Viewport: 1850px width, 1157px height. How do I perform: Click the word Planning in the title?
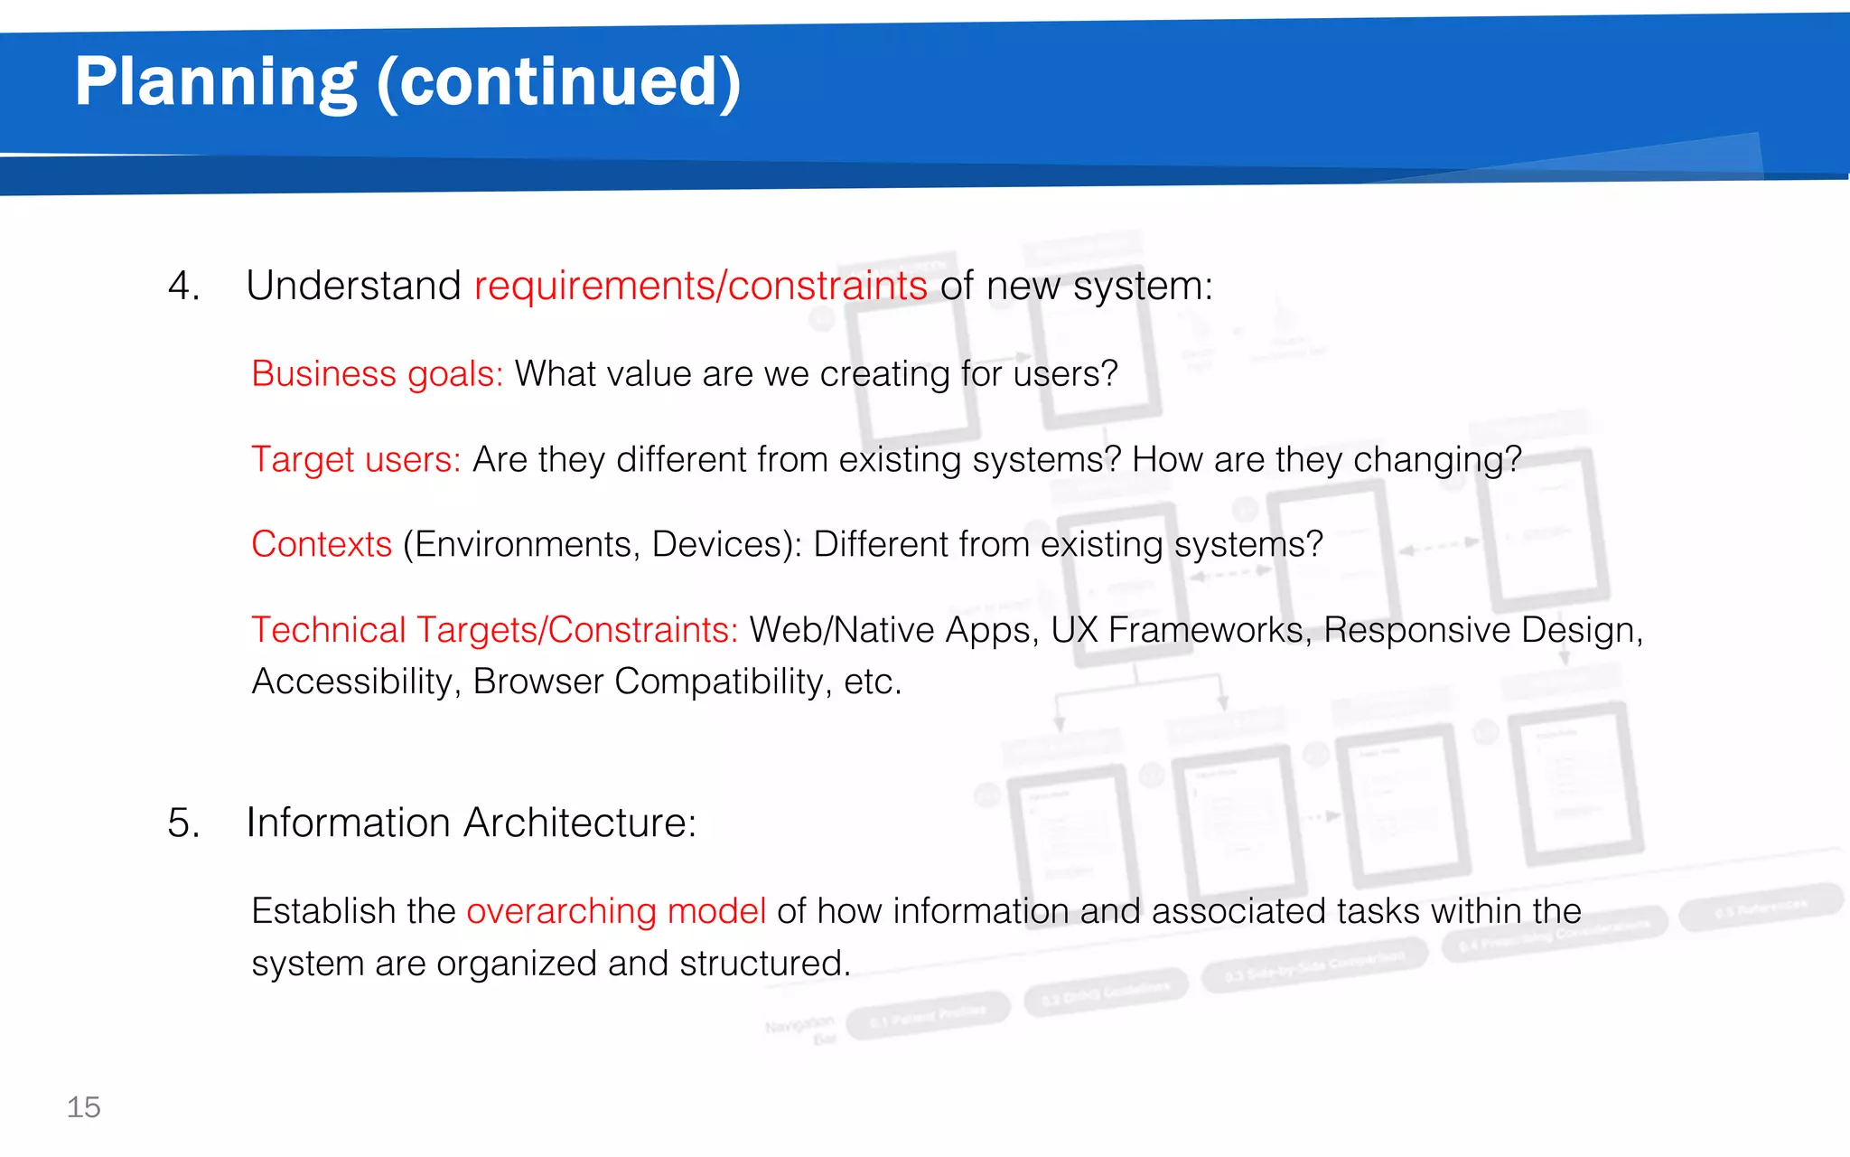tap(215, 83)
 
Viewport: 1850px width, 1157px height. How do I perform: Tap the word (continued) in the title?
tap(558, 83)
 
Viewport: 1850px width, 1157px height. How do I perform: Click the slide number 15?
tap(83, 1107)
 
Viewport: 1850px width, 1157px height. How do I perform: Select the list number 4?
tap(183, 287)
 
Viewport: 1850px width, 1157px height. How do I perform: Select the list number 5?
tap(183, 823)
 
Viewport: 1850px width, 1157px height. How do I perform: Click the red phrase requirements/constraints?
tap(700, 287)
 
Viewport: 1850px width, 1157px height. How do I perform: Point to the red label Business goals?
tap(377, 374)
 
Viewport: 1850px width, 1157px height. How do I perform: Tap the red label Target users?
tap(356, 460)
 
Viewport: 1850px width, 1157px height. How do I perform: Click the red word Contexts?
tap(322, 545)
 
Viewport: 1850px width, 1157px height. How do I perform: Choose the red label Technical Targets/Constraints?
tap(494, 630)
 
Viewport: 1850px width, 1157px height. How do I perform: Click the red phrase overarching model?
tap(616, 911)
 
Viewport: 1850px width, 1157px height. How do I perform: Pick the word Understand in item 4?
tap(353, 287)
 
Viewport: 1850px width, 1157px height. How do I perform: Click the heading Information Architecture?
tap(471, 823)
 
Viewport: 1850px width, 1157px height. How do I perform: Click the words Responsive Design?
tap(1481, 630)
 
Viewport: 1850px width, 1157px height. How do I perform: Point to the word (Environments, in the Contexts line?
tap(521, 545)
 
